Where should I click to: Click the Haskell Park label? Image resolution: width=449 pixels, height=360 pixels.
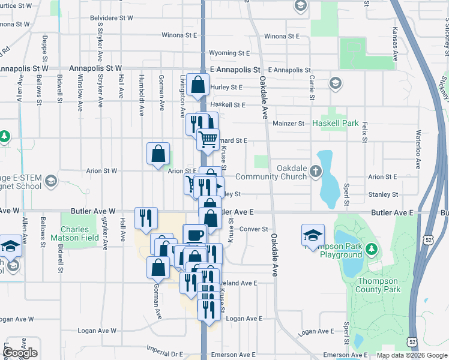click(335, 124)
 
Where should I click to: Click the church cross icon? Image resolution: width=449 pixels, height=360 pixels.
click(316, 172)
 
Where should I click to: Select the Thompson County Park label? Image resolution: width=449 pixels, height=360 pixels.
click(378, 285)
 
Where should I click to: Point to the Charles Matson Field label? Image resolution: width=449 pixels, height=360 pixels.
click(79, 233)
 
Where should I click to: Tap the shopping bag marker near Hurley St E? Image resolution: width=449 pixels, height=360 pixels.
click(197, 86)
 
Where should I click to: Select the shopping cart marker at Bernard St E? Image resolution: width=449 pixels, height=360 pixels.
click(208, 140)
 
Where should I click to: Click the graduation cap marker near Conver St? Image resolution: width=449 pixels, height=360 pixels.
click(313, 235)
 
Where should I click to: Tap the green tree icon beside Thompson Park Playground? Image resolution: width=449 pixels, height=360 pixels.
click(371, 248)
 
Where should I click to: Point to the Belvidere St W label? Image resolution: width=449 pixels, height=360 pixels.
click(111, 18)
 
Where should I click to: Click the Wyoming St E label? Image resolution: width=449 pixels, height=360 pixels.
click(228, 53)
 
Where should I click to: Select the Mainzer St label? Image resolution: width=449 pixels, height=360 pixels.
click(289, 124)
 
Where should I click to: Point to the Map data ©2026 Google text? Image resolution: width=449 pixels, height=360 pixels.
click(411, 355)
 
